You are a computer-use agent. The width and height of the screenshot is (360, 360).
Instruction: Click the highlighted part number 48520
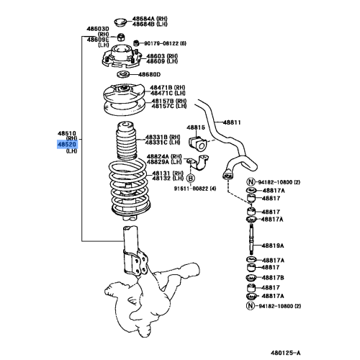[x=66, y=144]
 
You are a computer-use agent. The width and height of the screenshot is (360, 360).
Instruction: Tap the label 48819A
[x=272, y=245]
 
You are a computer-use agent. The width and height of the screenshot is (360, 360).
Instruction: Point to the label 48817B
[x=272, y=277]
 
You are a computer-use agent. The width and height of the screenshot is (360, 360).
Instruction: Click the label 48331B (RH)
[x=163, y=136]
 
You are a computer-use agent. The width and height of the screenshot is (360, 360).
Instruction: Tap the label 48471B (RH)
[x=167, y=87]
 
